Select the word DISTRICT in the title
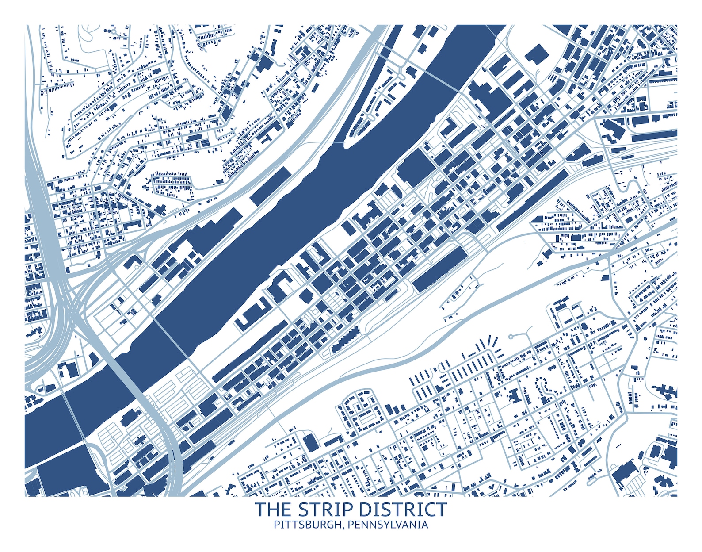click(403, 510)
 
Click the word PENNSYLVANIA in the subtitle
click(388, 525)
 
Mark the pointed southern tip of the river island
click(345, 144)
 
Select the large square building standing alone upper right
click(537, 54)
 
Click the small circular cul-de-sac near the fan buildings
click(511, 337)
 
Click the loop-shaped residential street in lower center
click(360, 409)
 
